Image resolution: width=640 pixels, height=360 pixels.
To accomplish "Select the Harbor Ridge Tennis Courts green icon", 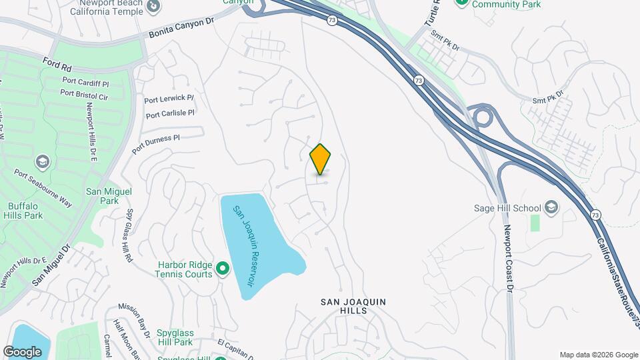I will [x=223, y=269].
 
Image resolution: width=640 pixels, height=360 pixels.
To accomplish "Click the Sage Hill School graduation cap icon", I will [x=551, y=207].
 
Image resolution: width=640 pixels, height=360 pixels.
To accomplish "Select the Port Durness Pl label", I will [x=156, y=144].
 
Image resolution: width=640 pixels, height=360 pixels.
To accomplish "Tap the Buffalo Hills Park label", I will [x=25, y=211].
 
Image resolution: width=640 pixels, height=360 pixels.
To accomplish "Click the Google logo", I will [x=23, y=351].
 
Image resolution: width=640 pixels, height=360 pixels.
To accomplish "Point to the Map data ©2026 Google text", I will [x=599, y=355].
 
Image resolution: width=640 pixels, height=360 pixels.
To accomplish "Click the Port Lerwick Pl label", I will [x=169, y=99].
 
